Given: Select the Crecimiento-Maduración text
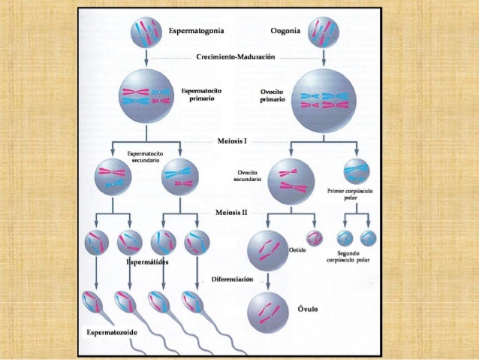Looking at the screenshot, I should tap(235, 57).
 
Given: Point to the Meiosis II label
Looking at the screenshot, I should tap(234, 213).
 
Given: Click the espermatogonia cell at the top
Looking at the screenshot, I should tap(145, 32).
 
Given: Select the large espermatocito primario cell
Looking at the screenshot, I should tap(146, 96).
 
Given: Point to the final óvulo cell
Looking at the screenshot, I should tap(268, 310).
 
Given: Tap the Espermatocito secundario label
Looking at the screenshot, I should tap(145, 156).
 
